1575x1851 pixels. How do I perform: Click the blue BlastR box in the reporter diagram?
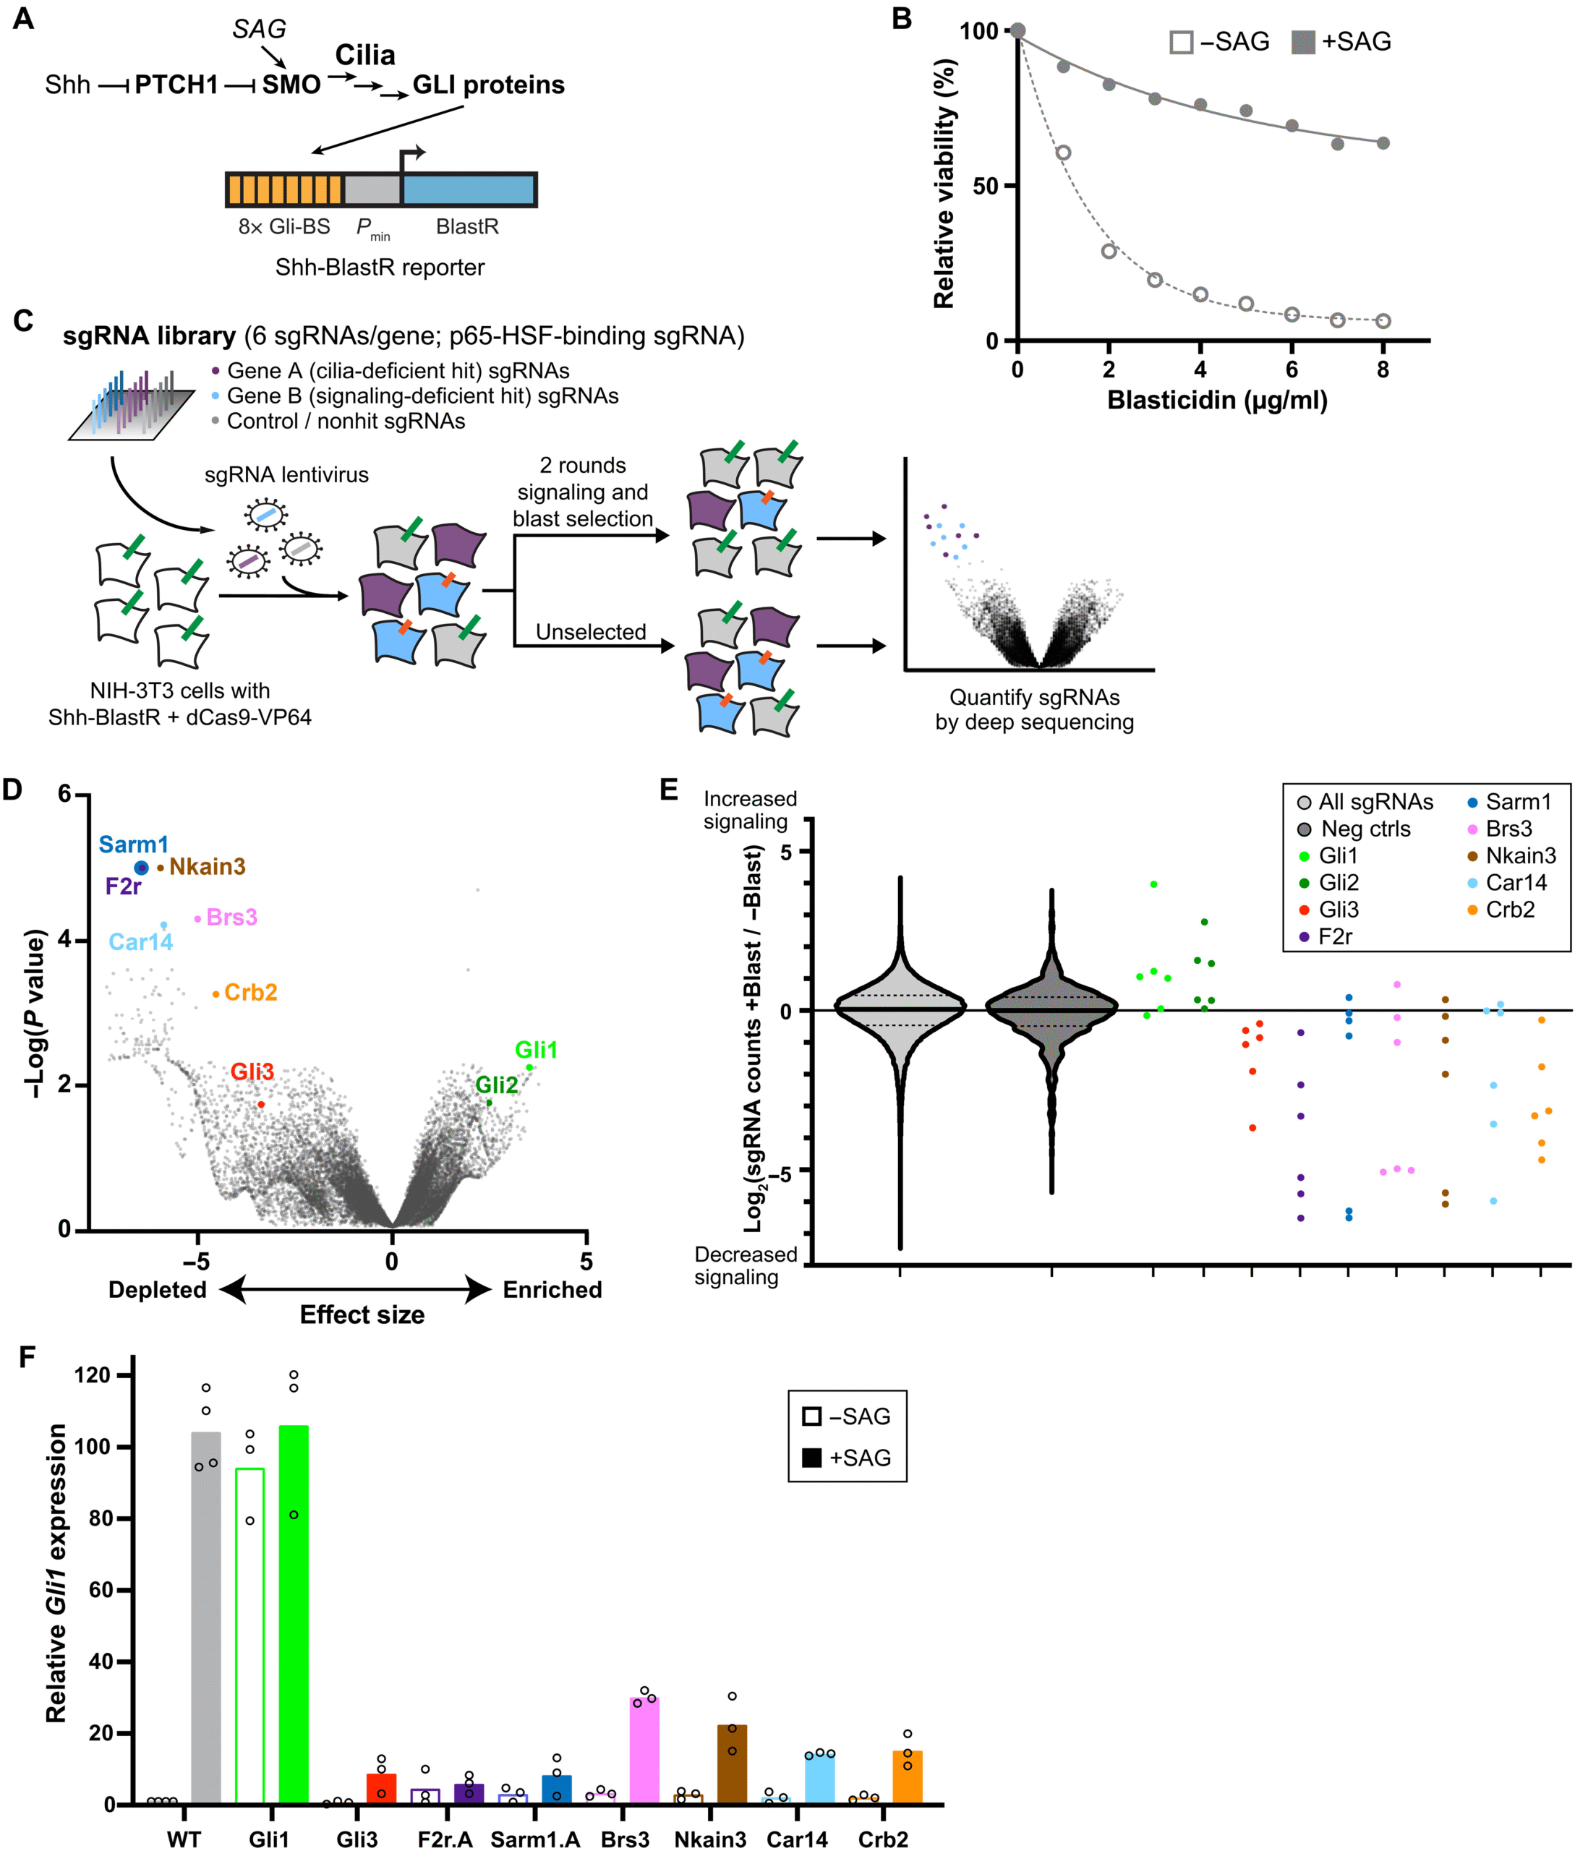[468, 189]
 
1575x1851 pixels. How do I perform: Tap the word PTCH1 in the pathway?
[176, 85]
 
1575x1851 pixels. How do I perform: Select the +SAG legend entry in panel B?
[1341, 42]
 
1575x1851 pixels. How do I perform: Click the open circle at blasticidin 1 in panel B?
[1062, 153]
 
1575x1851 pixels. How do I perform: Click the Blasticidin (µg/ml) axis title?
[1217, 400]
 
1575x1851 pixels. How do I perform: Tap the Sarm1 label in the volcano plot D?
[133, 844]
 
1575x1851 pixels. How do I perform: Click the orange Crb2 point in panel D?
[216, 993]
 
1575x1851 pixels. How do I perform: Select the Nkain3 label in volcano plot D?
[207, 866]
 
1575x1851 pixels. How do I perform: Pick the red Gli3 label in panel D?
[252, 1072]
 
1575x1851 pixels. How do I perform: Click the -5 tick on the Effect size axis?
[197, 1261]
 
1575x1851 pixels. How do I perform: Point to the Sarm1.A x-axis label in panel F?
[535, 1839]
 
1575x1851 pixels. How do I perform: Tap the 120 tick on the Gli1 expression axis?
[92, 1375]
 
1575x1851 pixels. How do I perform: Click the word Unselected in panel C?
[590, 631]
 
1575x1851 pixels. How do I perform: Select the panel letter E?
[668, 790]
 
